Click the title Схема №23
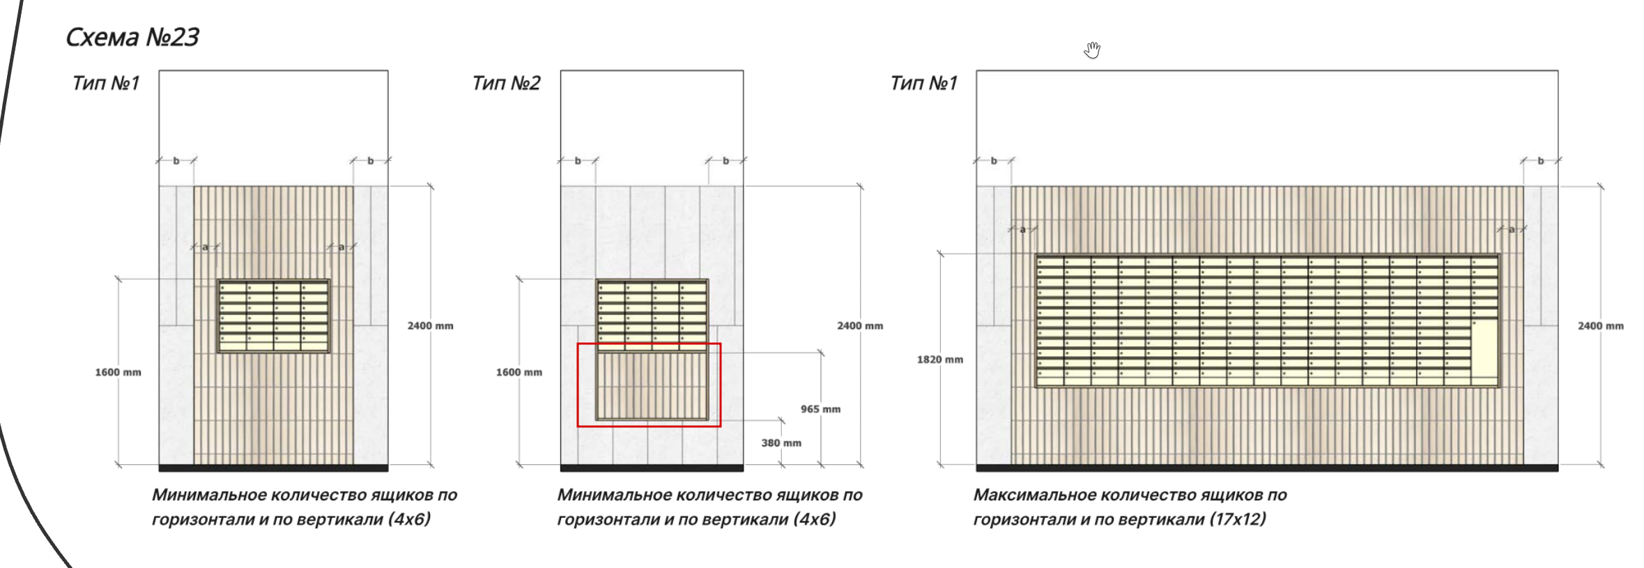click(132, 37)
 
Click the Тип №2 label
click(506, 84)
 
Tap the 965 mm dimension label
click(820, 409)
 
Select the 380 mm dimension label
click(781, 443)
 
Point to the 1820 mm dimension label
click(939, 360)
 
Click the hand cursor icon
click(1092, 50)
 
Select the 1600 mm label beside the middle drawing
click(518, 372)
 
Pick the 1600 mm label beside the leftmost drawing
click(118, 372)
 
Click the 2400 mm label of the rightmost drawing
click(1600, 325)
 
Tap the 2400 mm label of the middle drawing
click(859, 325)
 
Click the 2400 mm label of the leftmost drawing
click(430, 325)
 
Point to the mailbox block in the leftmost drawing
click(273, 316)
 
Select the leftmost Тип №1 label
click(106, 84)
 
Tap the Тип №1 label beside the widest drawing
click(923, 84)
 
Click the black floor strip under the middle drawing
click(652, 468)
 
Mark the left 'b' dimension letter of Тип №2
click(578, 161)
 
